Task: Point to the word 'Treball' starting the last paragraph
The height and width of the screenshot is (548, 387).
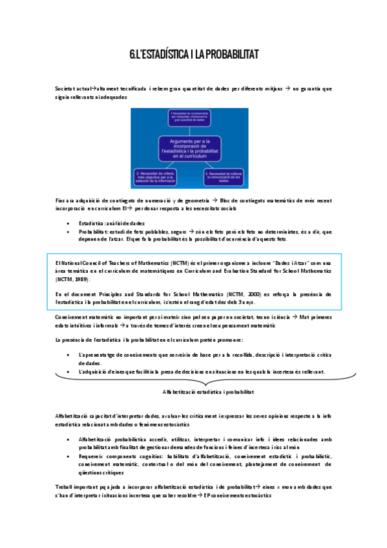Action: [x=65, y=485]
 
